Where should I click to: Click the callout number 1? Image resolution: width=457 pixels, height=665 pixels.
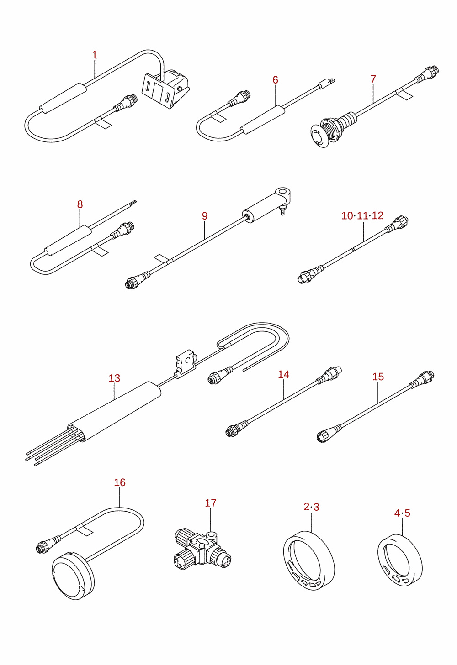coord(95,55)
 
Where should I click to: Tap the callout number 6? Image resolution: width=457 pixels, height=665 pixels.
coord(275,80)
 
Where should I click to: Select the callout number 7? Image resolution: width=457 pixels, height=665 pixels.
coord(373,79)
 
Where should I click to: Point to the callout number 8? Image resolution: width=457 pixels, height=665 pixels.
coord(80,204)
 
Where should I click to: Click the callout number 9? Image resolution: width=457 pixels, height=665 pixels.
coord(205,216)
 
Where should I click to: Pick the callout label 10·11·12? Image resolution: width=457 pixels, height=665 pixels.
coord(362,215)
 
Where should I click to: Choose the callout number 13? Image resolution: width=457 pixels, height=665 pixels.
coord(114,378)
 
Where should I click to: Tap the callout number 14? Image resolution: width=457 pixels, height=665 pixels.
coord(284,374)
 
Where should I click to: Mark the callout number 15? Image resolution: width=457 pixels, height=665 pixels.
coord(378,377)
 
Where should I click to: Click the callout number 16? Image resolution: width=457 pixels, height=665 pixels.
coord(120,482)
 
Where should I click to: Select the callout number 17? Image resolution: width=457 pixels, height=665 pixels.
coord(211,503)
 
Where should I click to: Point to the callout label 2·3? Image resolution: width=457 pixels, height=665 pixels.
coord(311,507)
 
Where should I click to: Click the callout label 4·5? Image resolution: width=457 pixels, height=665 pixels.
coord(402,513)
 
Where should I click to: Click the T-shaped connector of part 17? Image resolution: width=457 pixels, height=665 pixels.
coord(202,549)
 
